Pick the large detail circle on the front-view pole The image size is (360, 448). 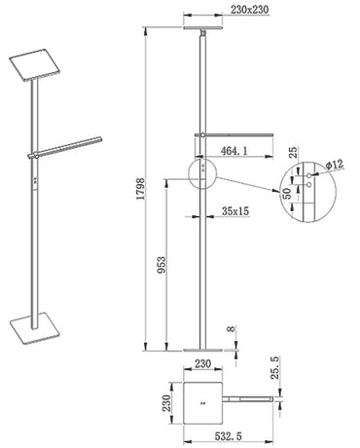tap(201, 169)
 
